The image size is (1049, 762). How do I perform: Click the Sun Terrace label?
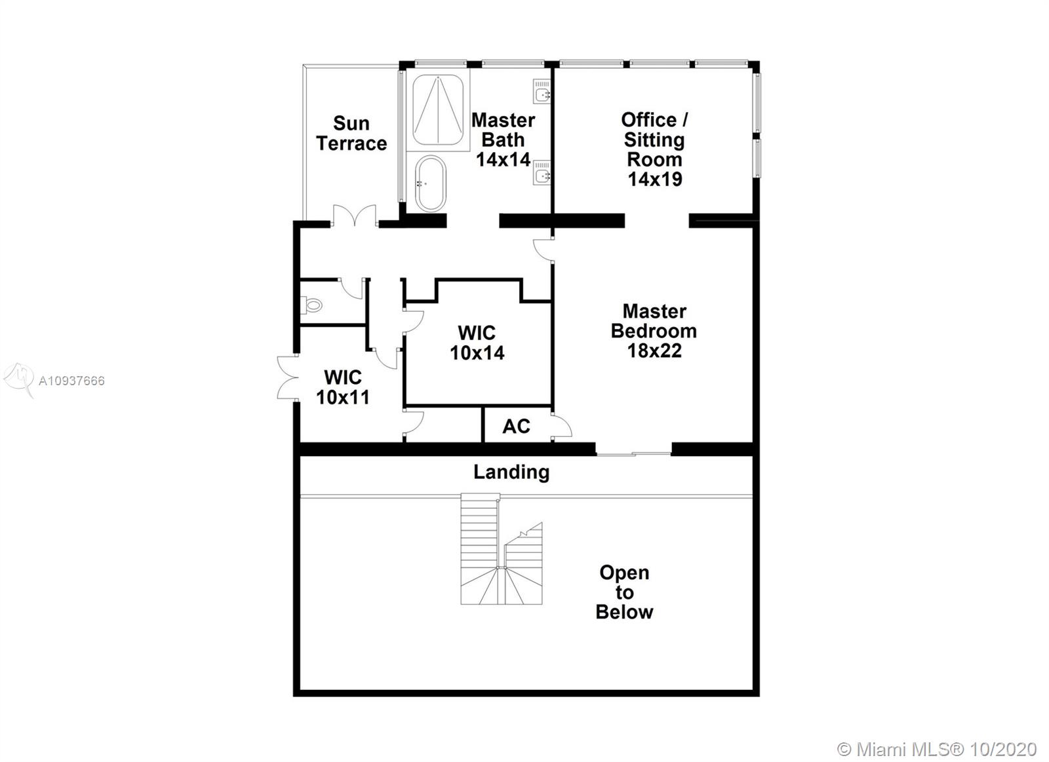coord(351,133)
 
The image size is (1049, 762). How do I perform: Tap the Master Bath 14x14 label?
coord(503,140)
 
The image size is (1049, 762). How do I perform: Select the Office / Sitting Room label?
coord(654,149)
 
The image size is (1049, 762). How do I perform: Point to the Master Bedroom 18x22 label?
coord(654,331)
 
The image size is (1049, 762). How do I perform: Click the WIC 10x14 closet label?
coord(477,343)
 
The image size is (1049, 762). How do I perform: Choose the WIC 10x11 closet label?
coord(343,387)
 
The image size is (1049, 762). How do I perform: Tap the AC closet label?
coord(516,427)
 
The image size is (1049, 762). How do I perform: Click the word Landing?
coord(511,472)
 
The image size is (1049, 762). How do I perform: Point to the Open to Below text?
coord(624,592)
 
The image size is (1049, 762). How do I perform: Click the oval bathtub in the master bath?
coord(430,183)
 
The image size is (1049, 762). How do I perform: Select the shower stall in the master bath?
coord(437,109)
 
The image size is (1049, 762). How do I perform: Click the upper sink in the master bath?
coord(542,92)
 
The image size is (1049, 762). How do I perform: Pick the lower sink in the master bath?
coord(542,173)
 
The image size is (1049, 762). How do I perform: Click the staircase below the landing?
coord(502,550)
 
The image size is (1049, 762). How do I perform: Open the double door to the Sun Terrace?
coord(354,217)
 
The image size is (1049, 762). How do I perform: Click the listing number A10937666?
coord(71,381)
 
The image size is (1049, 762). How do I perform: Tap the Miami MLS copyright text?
coord(937,749)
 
